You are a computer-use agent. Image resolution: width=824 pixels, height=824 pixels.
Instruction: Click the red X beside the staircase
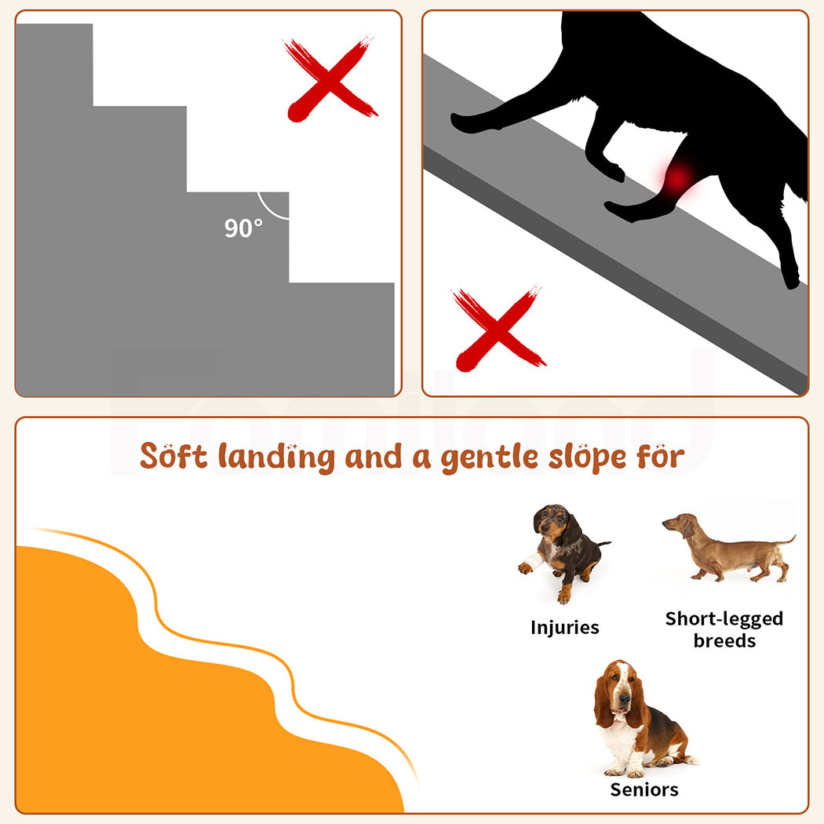tap(330, 78)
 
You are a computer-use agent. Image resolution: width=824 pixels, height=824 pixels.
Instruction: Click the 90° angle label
tap(243, 228)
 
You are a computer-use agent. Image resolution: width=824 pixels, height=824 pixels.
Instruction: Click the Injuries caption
tap(564, 628)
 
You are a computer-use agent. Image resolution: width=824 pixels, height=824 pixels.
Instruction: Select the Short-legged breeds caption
tap(724, 629)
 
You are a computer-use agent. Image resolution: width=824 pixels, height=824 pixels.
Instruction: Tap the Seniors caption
tap(644, 789)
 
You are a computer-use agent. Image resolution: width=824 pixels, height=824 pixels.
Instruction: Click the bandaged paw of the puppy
tap(527, 565)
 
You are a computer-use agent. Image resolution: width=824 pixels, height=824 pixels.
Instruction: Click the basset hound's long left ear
tap(603, 698)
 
